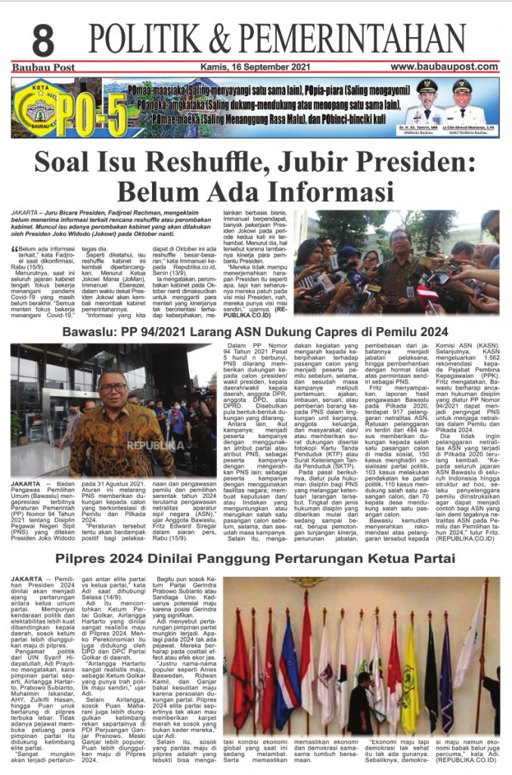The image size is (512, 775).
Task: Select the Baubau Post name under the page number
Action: point(39,67)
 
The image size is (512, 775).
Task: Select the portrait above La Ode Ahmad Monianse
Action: point(462,101)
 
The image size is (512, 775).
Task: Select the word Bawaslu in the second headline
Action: point(90,331)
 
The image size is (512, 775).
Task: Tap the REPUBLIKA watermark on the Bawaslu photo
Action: point(155,445)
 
